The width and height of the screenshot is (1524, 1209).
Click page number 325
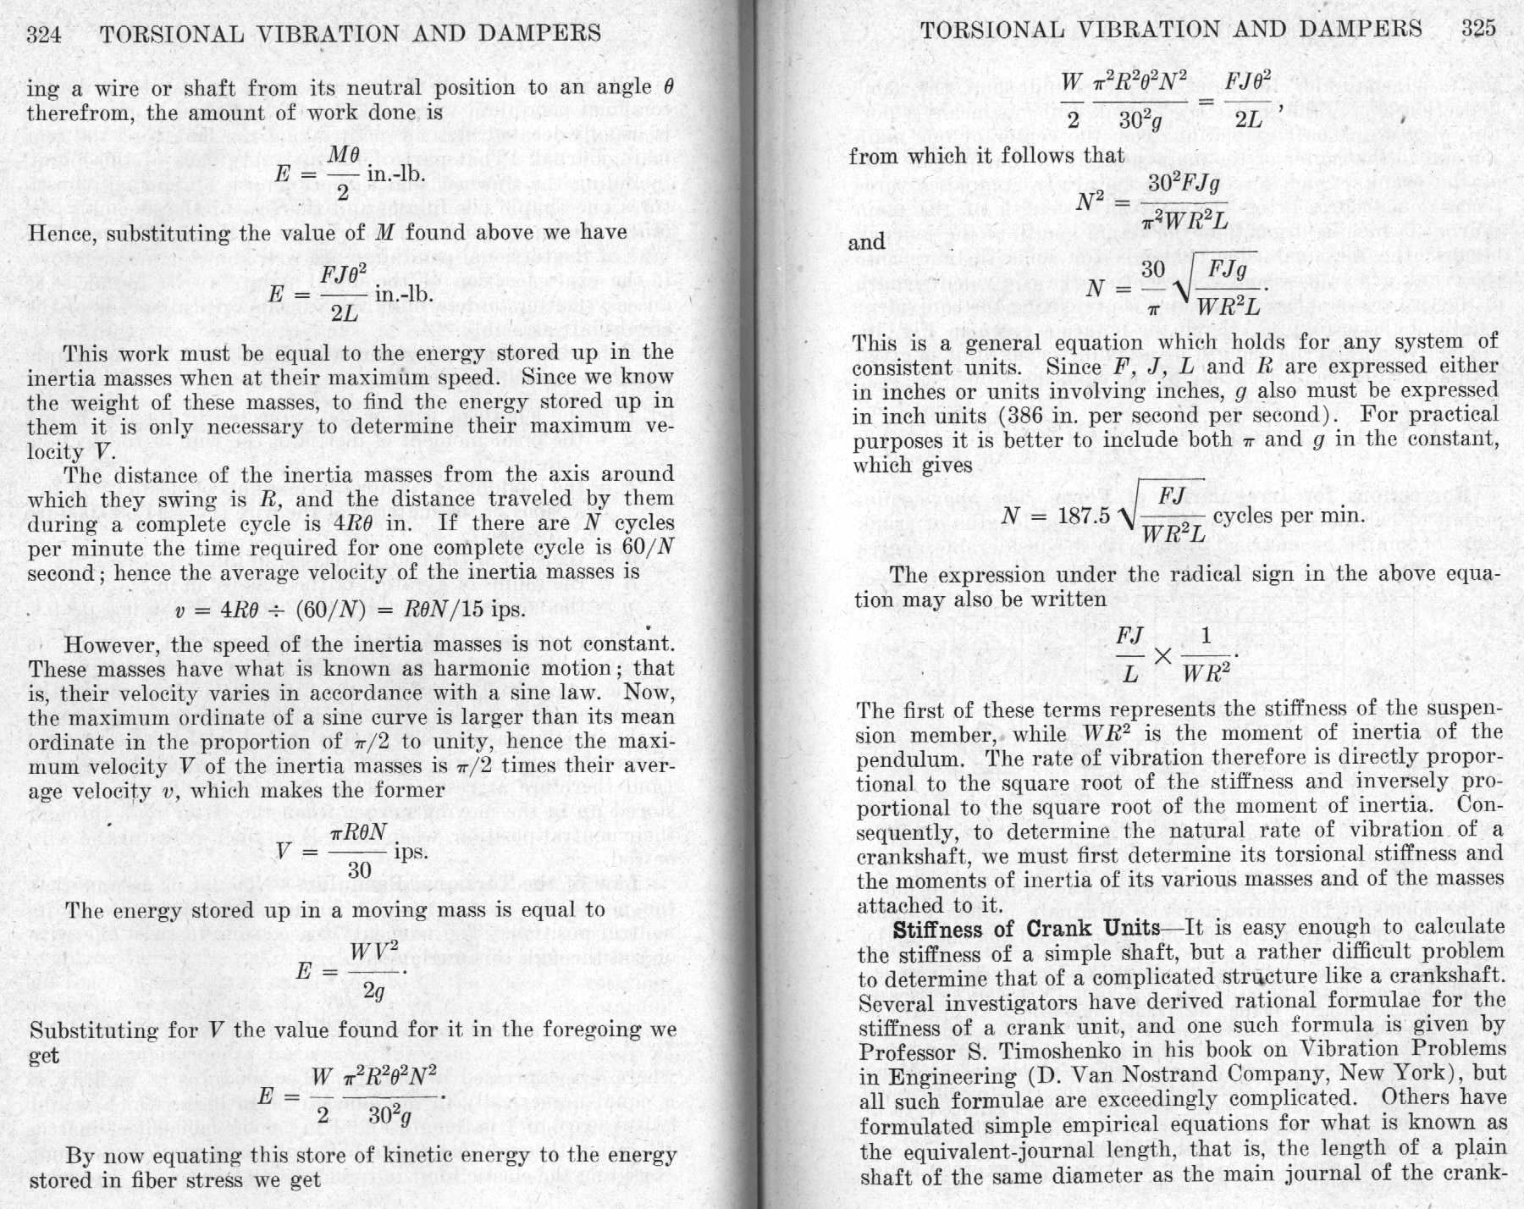click(1478, 29)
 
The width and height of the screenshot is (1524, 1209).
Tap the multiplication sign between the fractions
click(1165, 656)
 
